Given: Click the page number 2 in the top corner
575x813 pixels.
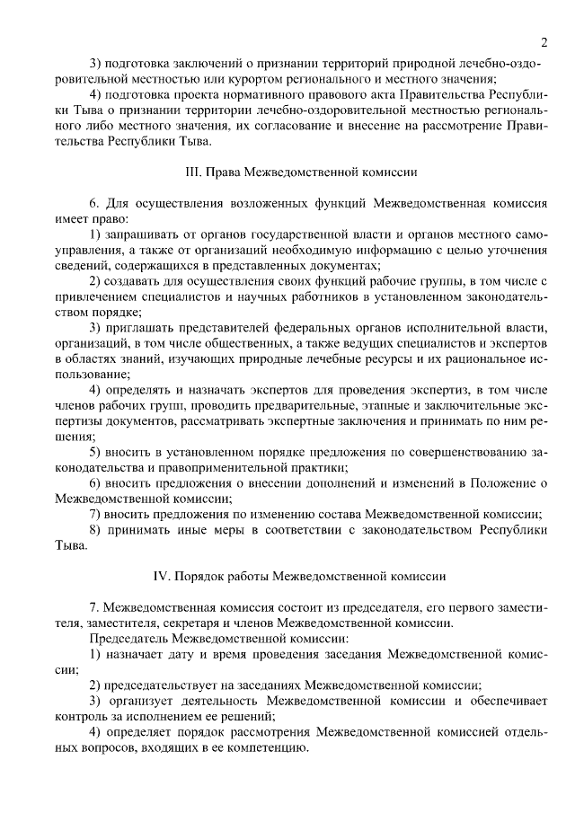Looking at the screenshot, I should (544, 42).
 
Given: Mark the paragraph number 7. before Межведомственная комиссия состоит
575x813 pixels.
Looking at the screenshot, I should (94, 609).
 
